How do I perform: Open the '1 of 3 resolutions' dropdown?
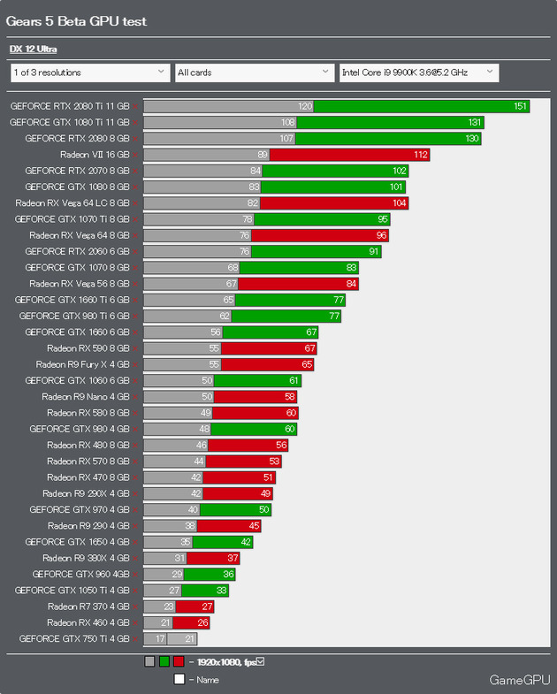coord(89,72)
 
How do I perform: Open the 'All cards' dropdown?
coord(253,72)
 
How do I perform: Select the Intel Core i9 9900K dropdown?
coord(418,72)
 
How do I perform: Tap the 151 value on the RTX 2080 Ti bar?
coord(520,106)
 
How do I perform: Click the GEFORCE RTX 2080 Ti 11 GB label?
coord(70,106)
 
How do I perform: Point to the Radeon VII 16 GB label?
coord(95,155)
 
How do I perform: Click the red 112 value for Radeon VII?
coord(420,155)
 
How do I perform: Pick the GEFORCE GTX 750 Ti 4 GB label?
coord(74,638)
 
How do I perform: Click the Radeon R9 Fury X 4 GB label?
coord(83,364)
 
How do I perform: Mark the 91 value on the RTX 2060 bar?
coord(375,251)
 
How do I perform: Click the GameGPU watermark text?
coord(520,680)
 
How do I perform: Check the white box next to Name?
coord(179,679)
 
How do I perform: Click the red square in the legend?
coord(179,661)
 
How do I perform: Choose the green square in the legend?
coord(164,661)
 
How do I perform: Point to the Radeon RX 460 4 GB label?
coord(88,622)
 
